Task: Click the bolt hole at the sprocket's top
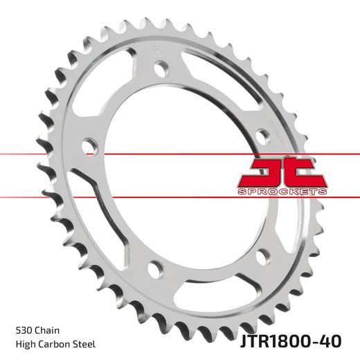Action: pyautogui.click(x=161, y=70)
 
